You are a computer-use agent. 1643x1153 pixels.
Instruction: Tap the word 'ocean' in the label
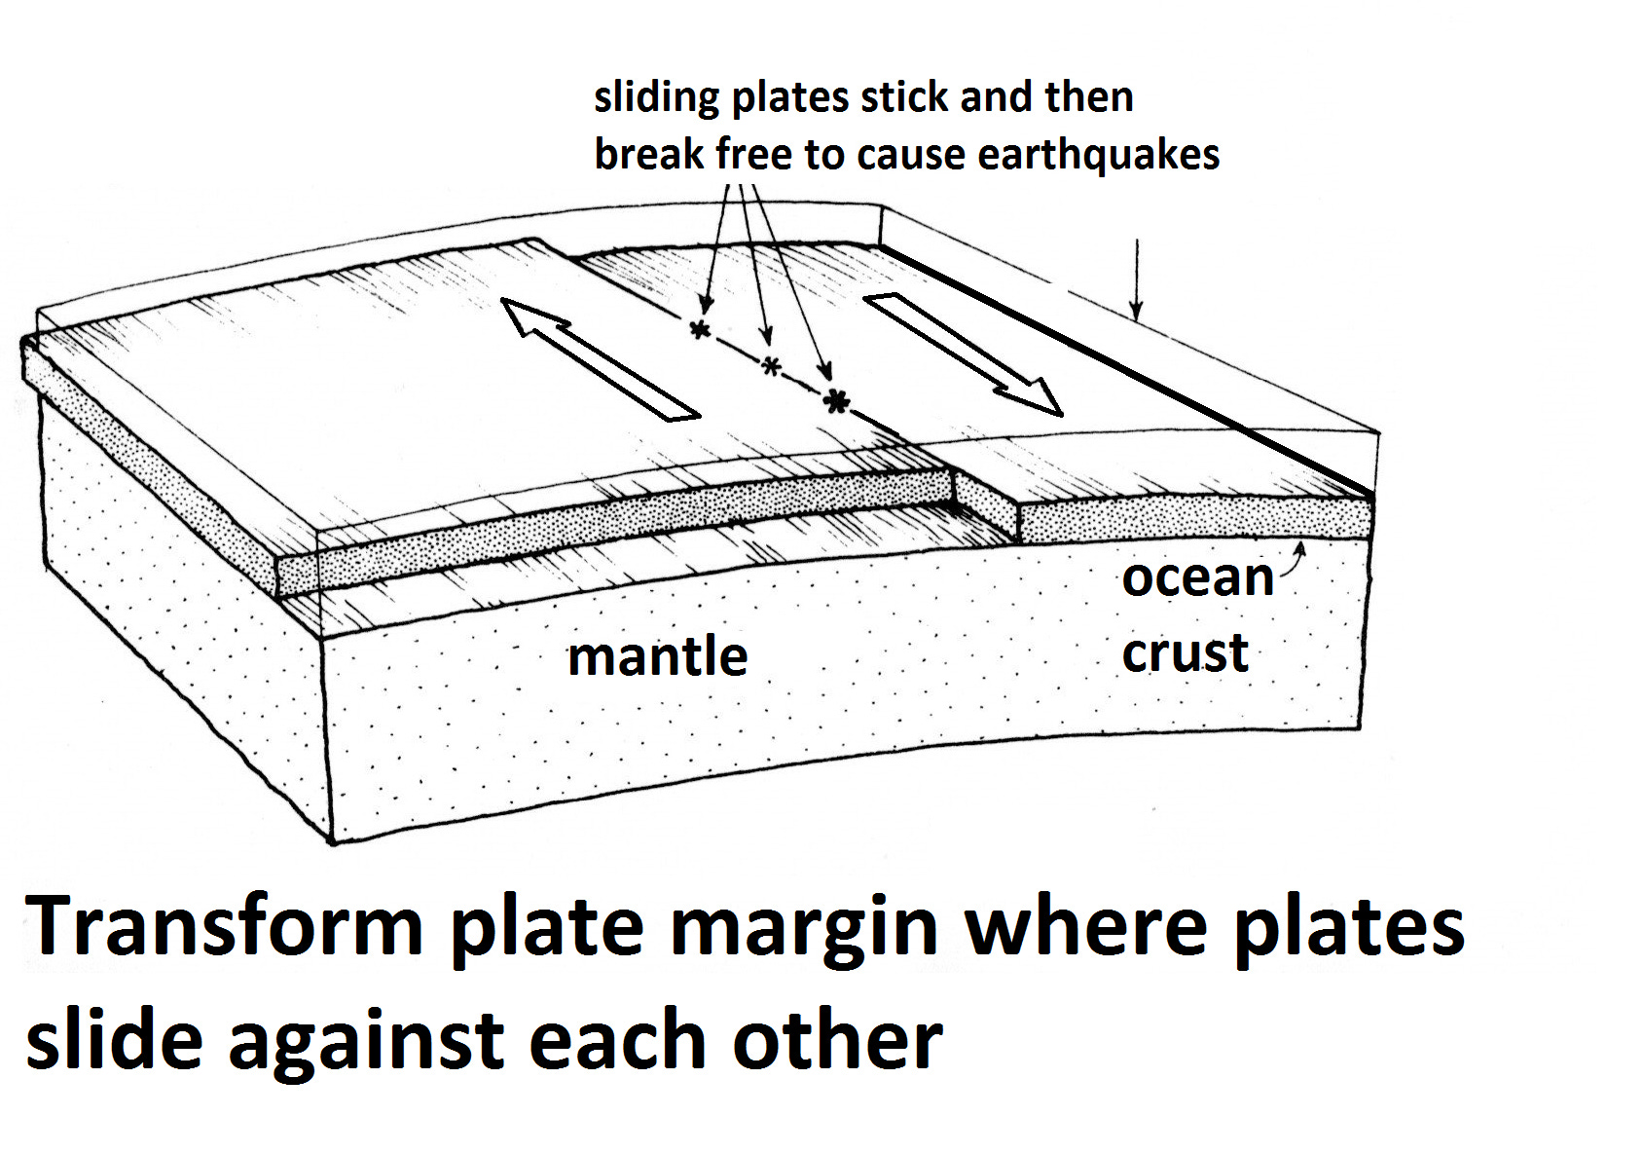1198,578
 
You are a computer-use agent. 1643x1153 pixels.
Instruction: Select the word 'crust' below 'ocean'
1185,652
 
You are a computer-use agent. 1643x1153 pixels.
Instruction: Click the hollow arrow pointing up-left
600,359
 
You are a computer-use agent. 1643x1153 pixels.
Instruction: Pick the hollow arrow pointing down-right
964,355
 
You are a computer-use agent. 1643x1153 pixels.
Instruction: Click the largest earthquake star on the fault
835,400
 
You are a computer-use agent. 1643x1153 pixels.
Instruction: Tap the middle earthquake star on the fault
770,365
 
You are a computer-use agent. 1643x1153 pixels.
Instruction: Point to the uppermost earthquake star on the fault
701,329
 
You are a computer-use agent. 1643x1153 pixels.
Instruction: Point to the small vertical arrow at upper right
1136,279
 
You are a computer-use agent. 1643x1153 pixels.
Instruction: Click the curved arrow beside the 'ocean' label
1294,559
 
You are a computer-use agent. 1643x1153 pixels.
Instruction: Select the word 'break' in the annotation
648,154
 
